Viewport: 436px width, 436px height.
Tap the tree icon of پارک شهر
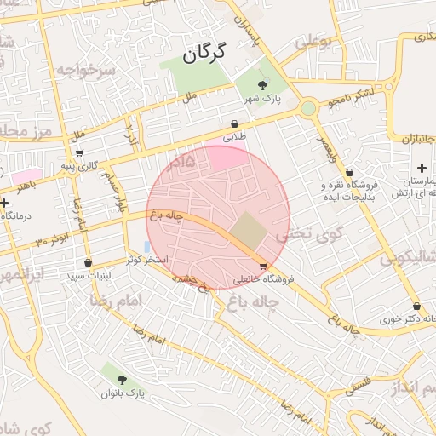tap(262, 83)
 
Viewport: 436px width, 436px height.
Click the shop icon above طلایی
tap(234, 123)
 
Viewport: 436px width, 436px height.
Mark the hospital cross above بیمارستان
tap(422, 168)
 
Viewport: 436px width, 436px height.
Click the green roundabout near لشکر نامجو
tap(307, 109)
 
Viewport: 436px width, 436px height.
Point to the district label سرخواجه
tap(85, 70)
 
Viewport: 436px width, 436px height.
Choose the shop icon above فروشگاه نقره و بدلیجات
tap(349, 172)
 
